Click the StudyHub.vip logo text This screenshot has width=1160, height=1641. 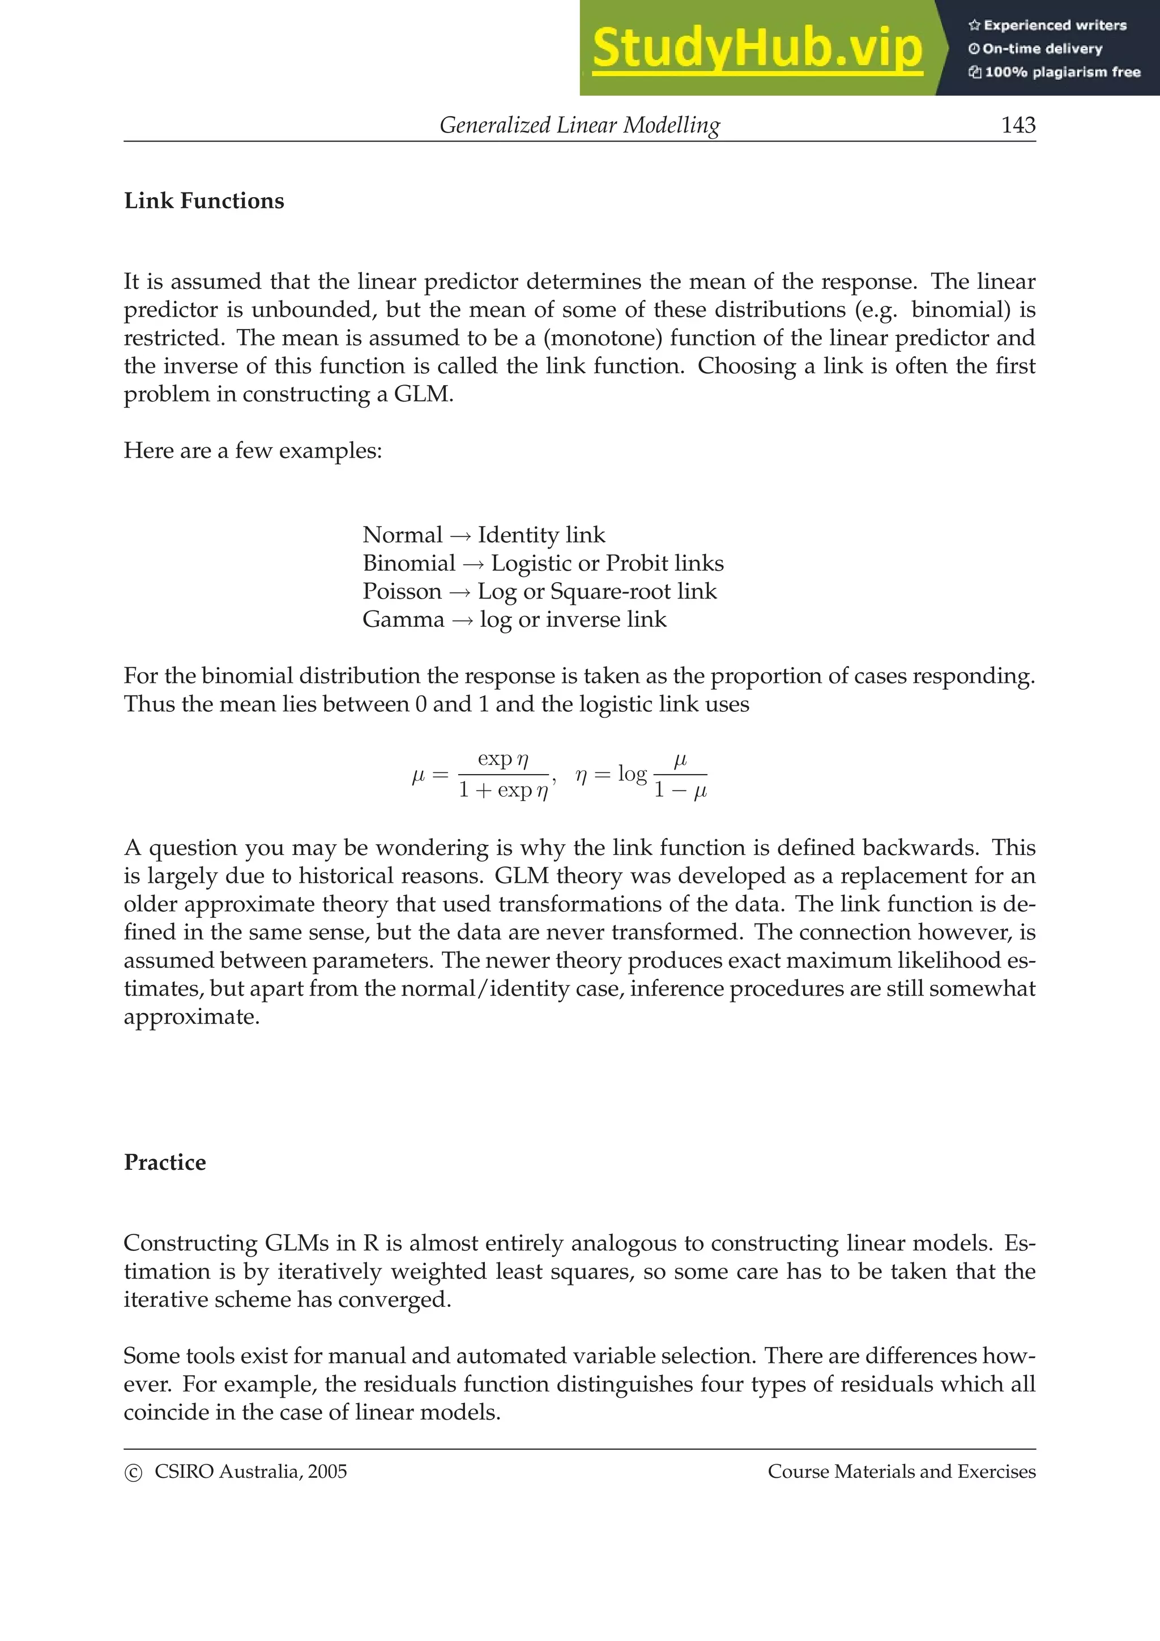[757, 48]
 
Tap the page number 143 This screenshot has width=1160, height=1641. [1018, 125]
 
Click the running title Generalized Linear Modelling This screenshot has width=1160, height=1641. [579, 125]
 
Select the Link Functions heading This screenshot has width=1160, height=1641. [204, 201]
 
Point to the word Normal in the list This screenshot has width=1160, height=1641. [402, 535]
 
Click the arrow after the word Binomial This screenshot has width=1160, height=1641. [473, 564]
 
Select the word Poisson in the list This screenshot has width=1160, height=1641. [402, 591]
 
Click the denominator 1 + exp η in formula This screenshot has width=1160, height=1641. [503, 790]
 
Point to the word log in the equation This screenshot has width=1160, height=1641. [632, 774]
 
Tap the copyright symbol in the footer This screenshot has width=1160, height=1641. [133, 1473]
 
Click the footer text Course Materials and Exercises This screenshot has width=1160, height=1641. [901, 1472]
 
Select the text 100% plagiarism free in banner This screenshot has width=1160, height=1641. [1062, 72]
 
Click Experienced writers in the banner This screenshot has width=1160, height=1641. [1054, 25]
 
